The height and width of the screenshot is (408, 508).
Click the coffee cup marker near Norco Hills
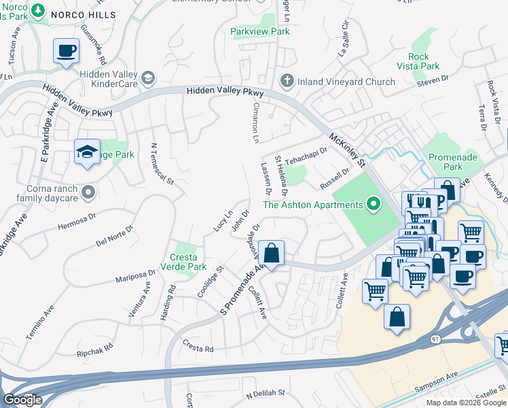click(x=67, y=51)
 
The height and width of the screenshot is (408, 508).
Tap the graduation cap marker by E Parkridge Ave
click(x=87, y=153)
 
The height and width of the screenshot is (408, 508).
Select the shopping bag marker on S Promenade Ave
click(x=271, y=254)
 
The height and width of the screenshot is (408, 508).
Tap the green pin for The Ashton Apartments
click(x=372, y=204)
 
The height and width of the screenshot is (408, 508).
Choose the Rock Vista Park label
click(x=424, y=62)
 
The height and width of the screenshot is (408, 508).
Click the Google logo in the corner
click(x=22, y=400)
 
